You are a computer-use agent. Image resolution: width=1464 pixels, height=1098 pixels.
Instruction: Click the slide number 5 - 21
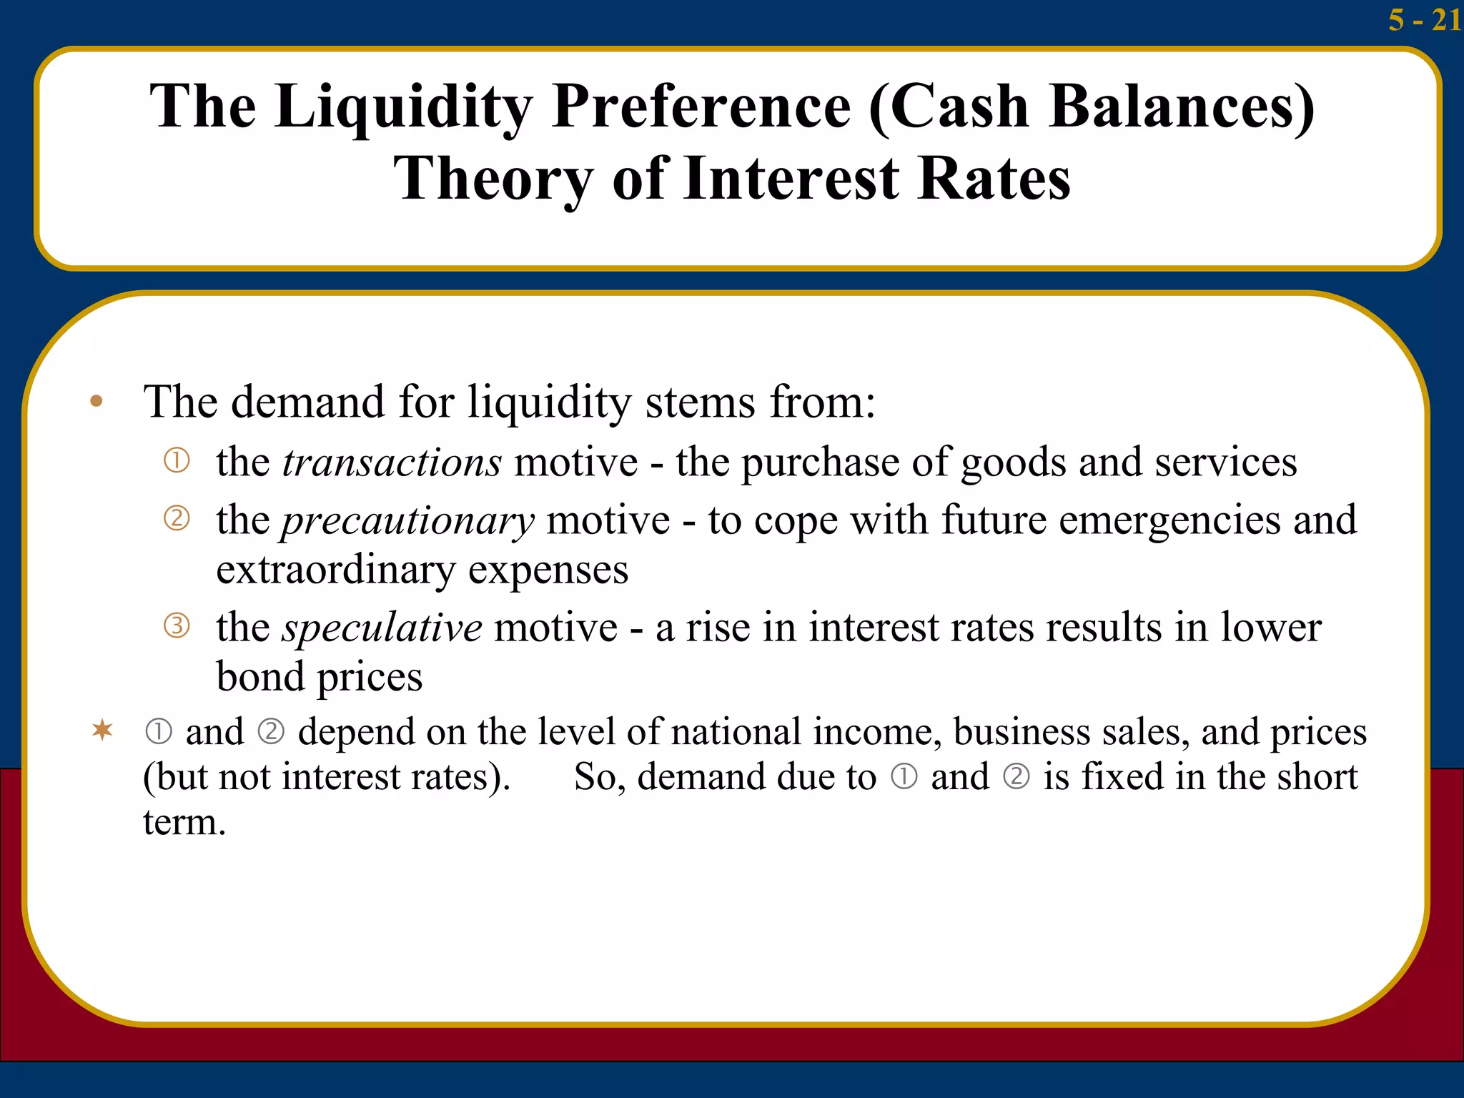click(x=1424, y=19)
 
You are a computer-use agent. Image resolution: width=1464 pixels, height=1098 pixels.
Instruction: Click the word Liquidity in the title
click(x=403, y=107)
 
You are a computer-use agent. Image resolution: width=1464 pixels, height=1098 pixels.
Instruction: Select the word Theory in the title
click(x=493, y=179)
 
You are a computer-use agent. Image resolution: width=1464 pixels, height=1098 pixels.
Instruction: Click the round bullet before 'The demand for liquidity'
click(x=97, y=402)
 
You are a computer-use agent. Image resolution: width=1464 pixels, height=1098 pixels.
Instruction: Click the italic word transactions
click(x=392, y=463)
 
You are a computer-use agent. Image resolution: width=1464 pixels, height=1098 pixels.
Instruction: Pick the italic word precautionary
click(x=407, y=520)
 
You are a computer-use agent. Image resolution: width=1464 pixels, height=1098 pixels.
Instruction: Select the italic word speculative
click(x=382, y=628)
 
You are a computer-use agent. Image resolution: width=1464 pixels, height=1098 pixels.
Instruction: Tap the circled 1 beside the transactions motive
click(x=177, y=460)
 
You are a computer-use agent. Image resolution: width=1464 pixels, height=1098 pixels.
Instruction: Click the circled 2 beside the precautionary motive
click(x=177, y=518)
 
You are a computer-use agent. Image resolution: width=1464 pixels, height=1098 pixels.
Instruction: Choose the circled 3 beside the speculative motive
click(x=177, y=625)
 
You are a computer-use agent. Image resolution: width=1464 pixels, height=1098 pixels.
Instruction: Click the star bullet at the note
click(x=102, y=730)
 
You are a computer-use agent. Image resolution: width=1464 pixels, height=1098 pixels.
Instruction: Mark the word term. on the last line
click(x=184, y=822)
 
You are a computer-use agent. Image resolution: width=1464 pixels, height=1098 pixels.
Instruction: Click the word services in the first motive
click(x=1225, y=463)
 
